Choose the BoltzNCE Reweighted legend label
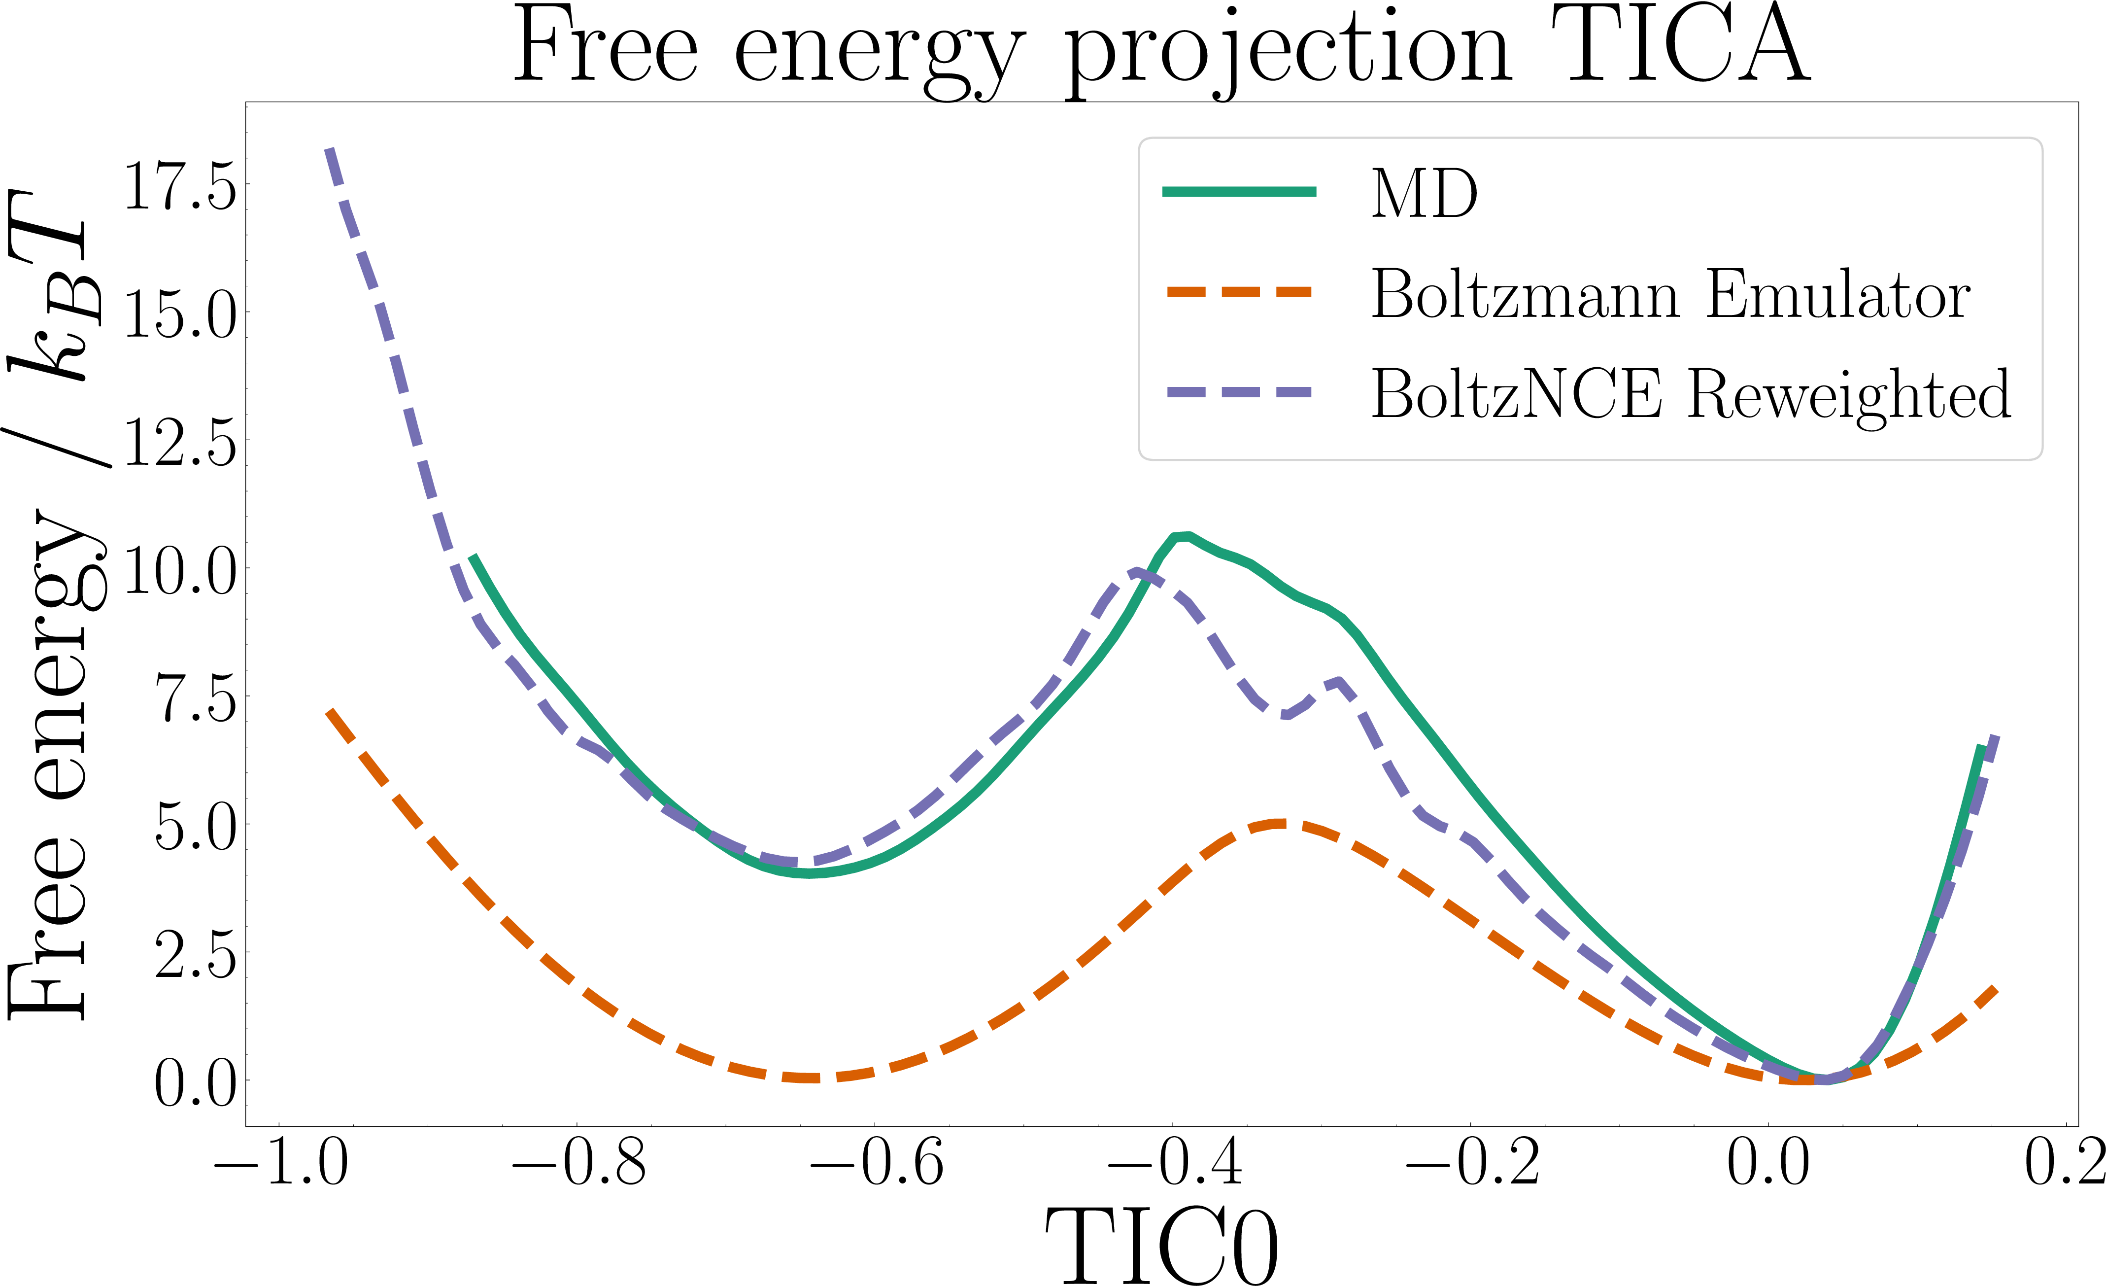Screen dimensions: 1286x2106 (1691, 394)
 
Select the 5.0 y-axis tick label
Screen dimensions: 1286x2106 (195, 826)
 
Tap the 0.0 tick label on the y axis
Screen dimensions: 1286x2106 (195, 1082)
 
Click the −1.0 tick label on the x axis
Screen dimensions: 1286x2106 (280, 1163)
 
